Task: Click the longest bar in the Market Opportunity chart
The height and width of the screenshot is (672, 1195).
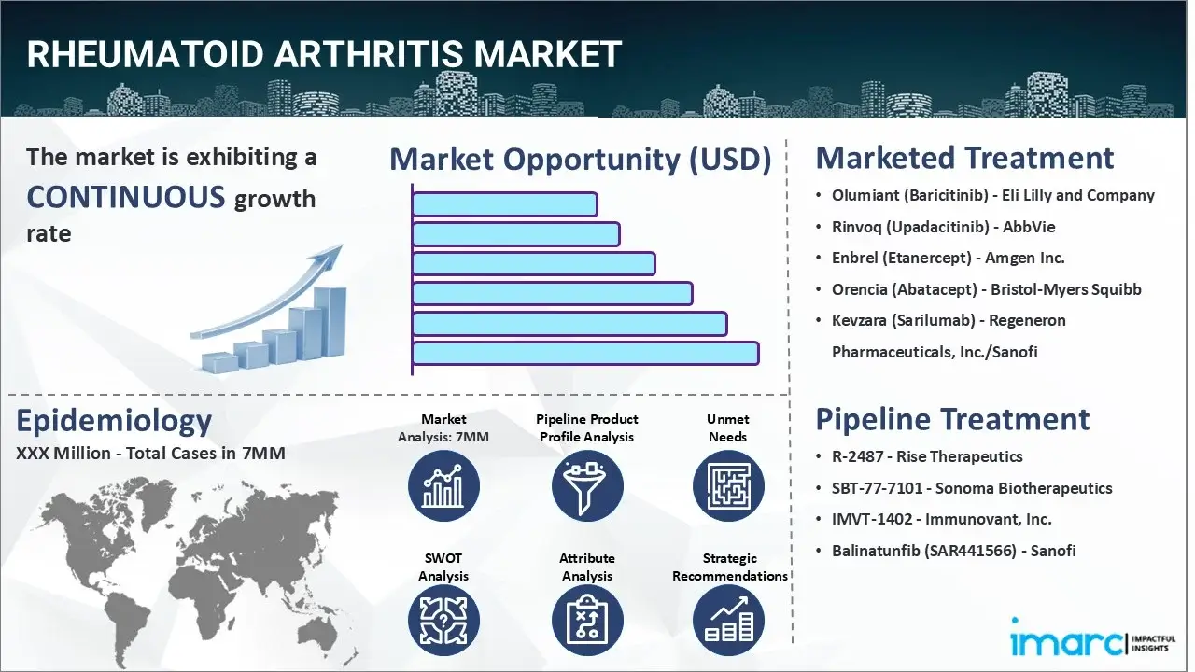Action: (584, 353)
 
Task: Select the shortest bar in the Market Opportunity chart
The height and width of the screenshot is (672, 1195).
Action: (504, 203)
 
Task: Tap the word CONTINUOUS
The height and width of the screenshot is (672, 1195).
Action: (126, 197)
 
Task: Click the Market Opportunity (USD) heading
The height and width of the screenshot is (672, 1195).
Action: (580, 160)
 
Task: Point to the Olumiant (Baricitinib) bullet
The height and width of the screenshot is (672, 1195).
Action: (993, 195)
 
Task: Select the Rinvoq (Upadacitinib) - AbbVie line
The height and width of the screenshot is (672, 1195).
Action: (943, 227)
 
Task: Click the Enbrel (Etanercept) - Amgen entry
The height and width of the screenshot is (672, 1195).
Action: (948, 258)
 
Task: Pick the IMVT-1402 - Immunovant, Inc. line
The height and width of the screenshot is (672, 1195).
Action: (941, 519)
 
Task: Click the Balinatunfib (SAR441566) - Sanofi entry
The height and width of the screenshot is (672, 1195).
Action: (953, 551)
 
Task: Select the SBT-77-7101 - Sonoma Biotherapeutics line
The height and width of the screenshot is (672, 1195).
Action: (972, 488)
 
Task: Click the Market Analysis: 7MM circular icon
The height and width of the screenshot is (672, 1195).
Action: (443, 485)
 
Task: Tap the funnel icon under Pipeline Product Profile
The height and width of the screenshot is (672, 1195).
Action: (586, 485)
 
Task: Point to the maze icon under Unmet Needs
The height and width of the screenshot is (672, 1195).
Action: (728, 485)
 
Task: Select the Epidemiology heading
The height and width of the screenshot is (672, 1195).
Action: (114, 421)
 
